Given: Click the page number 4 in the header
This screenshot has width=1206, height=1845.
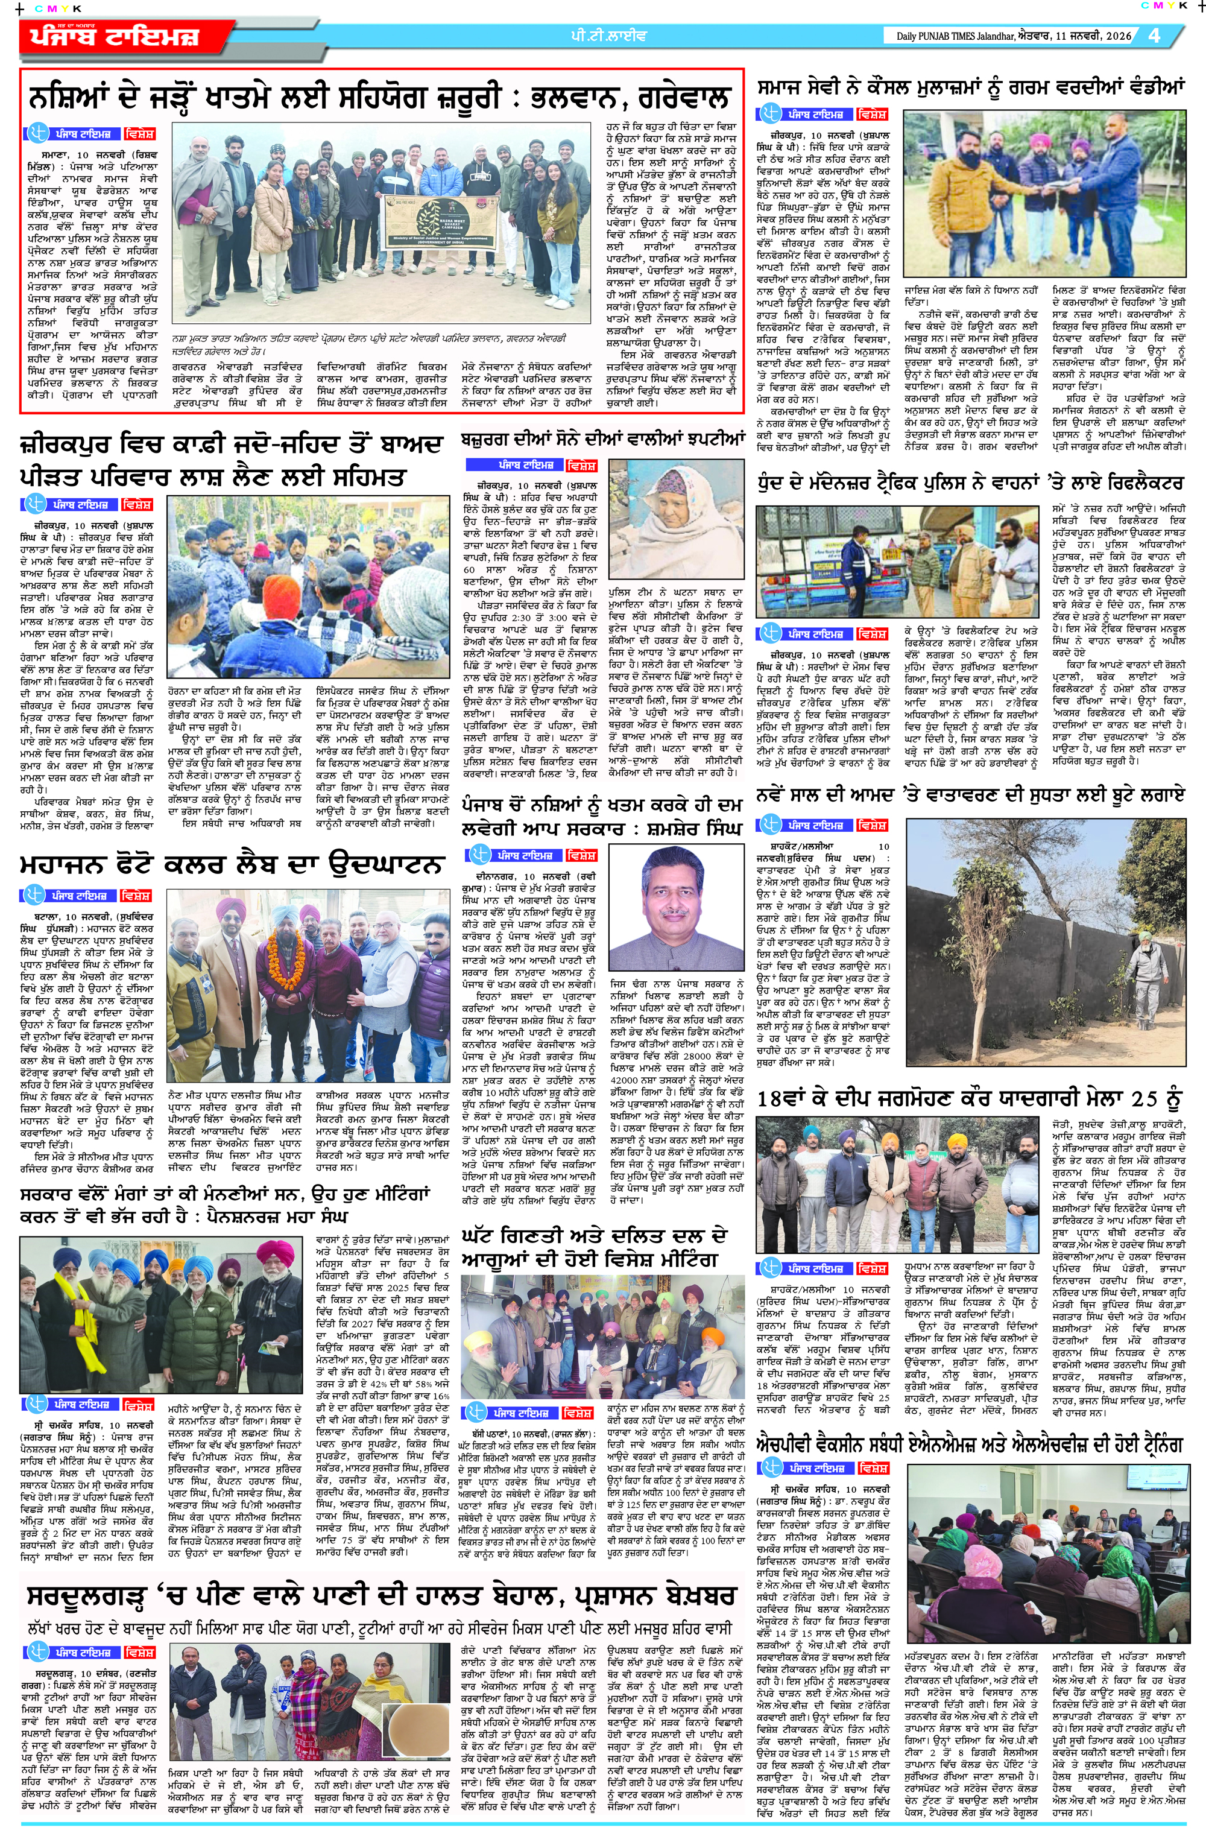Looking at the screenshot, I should [1154, 36].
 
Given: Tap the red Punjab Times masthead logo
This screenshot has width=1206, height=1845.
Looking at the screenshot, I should [115, 36].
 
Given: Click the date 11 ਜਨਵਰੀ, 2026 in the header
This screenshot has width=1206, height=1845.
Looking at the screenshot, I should [1094, 36].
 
